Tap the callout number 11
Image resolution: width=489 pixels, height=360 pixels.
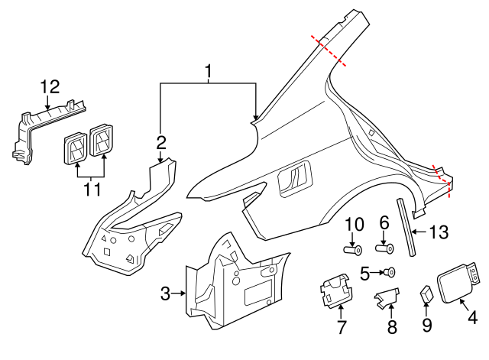[91, 187]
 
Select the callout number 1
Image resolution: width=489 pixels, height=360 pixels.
[208, 73]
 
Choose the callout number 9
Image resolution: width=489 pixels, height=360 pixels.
[427, 325]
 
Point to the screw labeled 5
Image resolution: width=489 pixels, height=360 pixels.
[390, 271]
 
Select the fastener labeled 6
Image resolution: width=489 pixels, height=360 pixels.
[385, 247]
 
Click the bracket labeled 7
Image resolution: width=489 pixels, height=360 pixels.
[335, 290]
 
